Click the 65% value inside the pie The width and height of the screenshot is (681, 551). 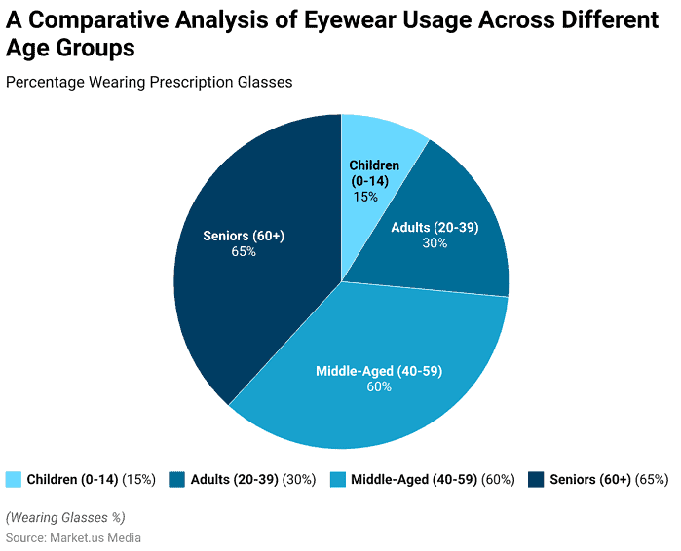[244, 252]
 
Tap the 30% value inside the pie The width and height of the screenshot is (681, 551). [435, 243]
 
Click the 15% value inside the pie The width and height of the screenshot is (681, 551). [366, 197]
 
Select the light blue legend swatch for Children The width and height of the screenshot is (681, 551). [14, 479]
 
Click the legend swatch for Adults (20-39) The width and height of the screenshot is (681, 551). [177, 479]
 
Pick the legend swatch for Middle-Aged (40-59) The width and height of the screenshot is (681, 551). [337, 479]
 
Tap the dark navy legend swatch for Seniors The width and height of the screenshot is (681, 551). [536, 479]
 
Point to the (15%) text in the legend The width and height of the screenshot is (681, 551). [139, 479]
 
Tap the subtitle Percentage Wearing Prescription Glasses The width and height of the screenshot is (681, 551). [149, 82]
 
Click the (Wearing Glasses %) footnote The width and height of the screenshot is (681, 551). [65, 517]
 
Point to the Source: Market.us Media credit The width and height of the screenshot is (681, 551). [74, 537]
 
